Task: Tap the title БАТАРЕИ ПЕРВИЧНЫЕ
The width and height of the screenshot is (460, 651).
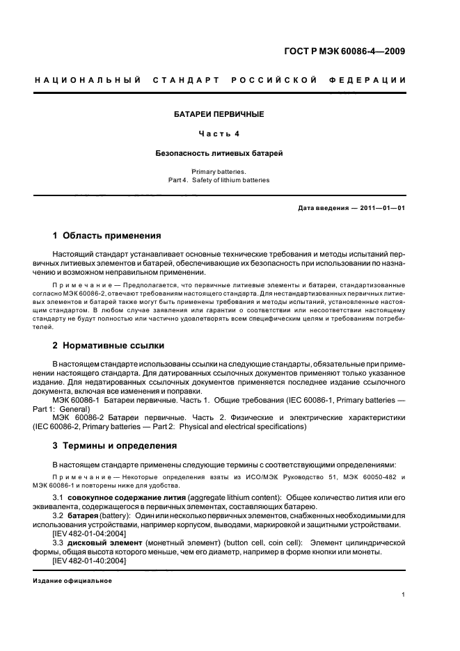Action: (219, 113)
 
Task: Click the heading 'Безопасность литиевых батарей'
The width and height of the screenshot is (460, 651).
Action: (219, 152)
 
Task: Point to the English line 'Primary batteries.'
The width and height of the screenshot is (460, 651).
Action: (219, 170)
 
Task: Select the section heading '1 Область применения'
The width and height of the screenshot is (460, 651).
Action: (106, 236)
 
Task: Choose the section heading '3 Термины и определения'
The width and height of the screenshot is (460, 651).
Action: (115, 445)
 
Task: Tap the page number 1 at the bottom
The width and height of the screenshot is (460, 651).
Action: (404, 595)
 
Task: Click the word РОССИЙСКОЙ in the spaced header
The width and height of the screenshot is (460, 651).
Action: (273, 79)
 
